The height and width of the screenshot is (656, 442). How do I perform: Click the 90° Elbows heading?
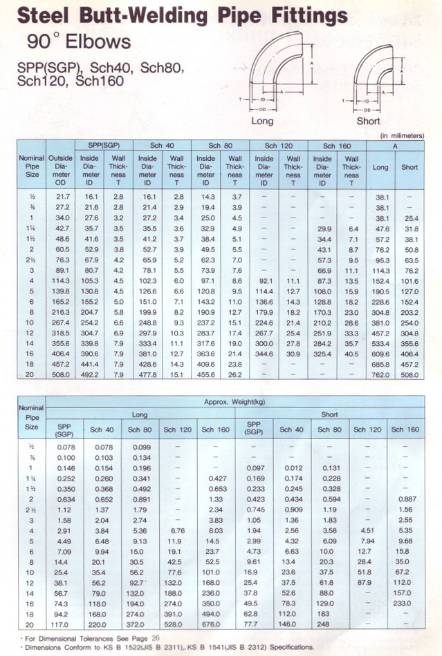click(79, 42)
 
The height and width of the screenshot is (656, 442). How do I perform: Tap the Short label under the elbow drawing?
click(369, 122)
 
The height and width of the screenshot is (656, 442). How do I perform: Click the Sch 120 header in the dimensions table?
click(280, 146)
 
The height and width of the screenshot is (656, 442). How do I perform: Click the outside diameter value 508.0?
click(60, 376)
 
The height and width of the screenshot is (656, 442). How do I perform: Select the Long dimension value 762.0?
click(380, 376)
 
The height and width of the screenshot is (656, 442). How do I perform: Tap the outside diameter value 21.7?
click(61, 197)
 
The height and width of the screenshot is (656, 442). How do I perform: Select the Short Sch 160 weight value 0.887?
click(405, 497)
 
